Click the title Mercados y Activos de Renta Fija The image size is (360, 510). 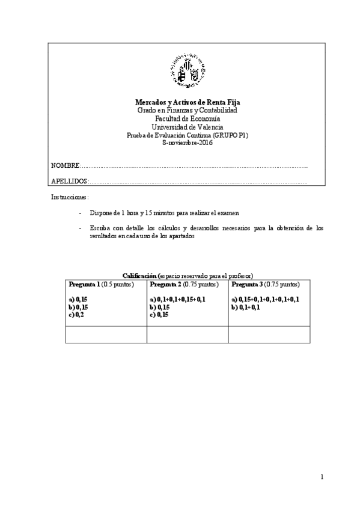point(188,103)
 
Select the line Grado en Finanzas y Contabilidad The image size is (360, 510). point(188,111)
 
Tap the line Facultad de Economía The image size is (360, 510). point(188,120)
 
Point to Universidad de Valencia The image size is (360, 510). point(188,127)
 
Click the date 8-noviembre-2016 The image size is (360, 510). point(188,144)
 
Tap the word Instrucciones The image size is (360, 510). point(70,197)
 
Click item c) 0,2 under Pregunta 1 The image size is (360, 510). point(76,314)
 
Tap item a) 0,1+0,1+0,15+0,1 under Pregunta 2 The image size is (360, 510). point(178,299)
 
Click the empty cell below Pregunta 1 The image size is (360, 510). point(106,334)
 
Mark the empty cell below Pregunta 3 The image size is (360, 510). point(269,334)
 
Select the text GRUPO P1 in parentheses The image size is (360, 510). point(230,136)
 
